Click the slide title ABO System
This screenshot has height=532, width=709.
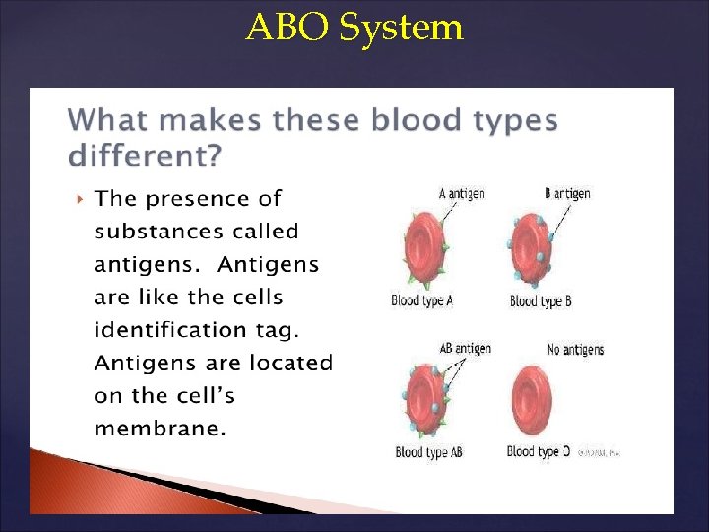click(354, 27)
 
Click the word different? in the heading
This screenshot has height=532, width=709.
click(146, 156)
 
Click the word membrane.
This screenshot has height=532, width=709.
click(160, 429)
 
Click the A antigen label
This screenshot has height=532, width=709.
click(461, 194)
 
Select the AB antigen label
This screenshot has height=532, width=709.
click(465, 349)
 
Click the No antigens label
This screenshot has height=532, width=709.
click(575, 350)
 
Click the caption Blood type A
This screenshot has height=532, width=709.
click(421, 301)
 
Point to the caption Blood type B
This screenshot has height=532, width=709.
click(541, 301)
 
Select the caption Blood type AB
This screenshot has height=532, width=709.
click(428, 452)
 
